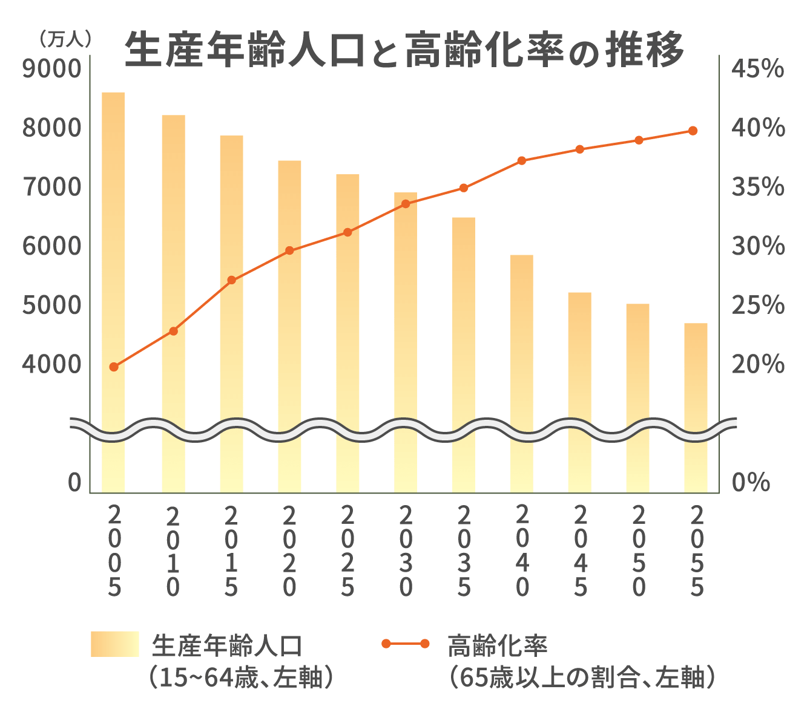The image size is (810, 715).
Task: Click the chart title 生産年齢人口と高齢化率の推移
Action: (x=404, y=50)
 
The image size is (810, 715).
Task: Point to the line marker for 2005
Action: (x=114, y=367)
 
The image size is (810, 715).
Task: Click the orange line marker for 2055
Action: (x=693, y=131)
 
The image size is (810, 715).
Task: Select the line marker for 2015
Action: (x=231, y=280)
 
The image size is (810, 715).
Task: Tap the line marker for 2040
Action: (x=522, y=161)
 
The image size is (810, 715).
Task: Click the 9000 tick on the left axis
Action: (x=51, y=69)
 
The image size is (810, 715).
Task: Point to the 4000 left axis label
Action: (x=51, y=365)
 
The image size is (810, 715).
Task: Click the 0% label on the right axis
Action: (x=751, y=483)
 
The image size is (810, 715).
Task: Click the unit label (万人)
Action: (x=65, y=39)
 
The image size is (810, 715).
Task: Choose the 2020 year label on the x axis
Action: (x=289, y=550)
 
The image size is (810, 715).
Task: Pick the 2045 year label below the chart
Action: (x=580, y=550)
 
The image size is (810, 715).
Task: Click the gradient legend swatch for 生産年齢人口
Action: (x=114, y=644)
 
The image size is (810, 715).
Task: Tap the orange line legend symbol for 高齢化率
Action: (x=406, y=644)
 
